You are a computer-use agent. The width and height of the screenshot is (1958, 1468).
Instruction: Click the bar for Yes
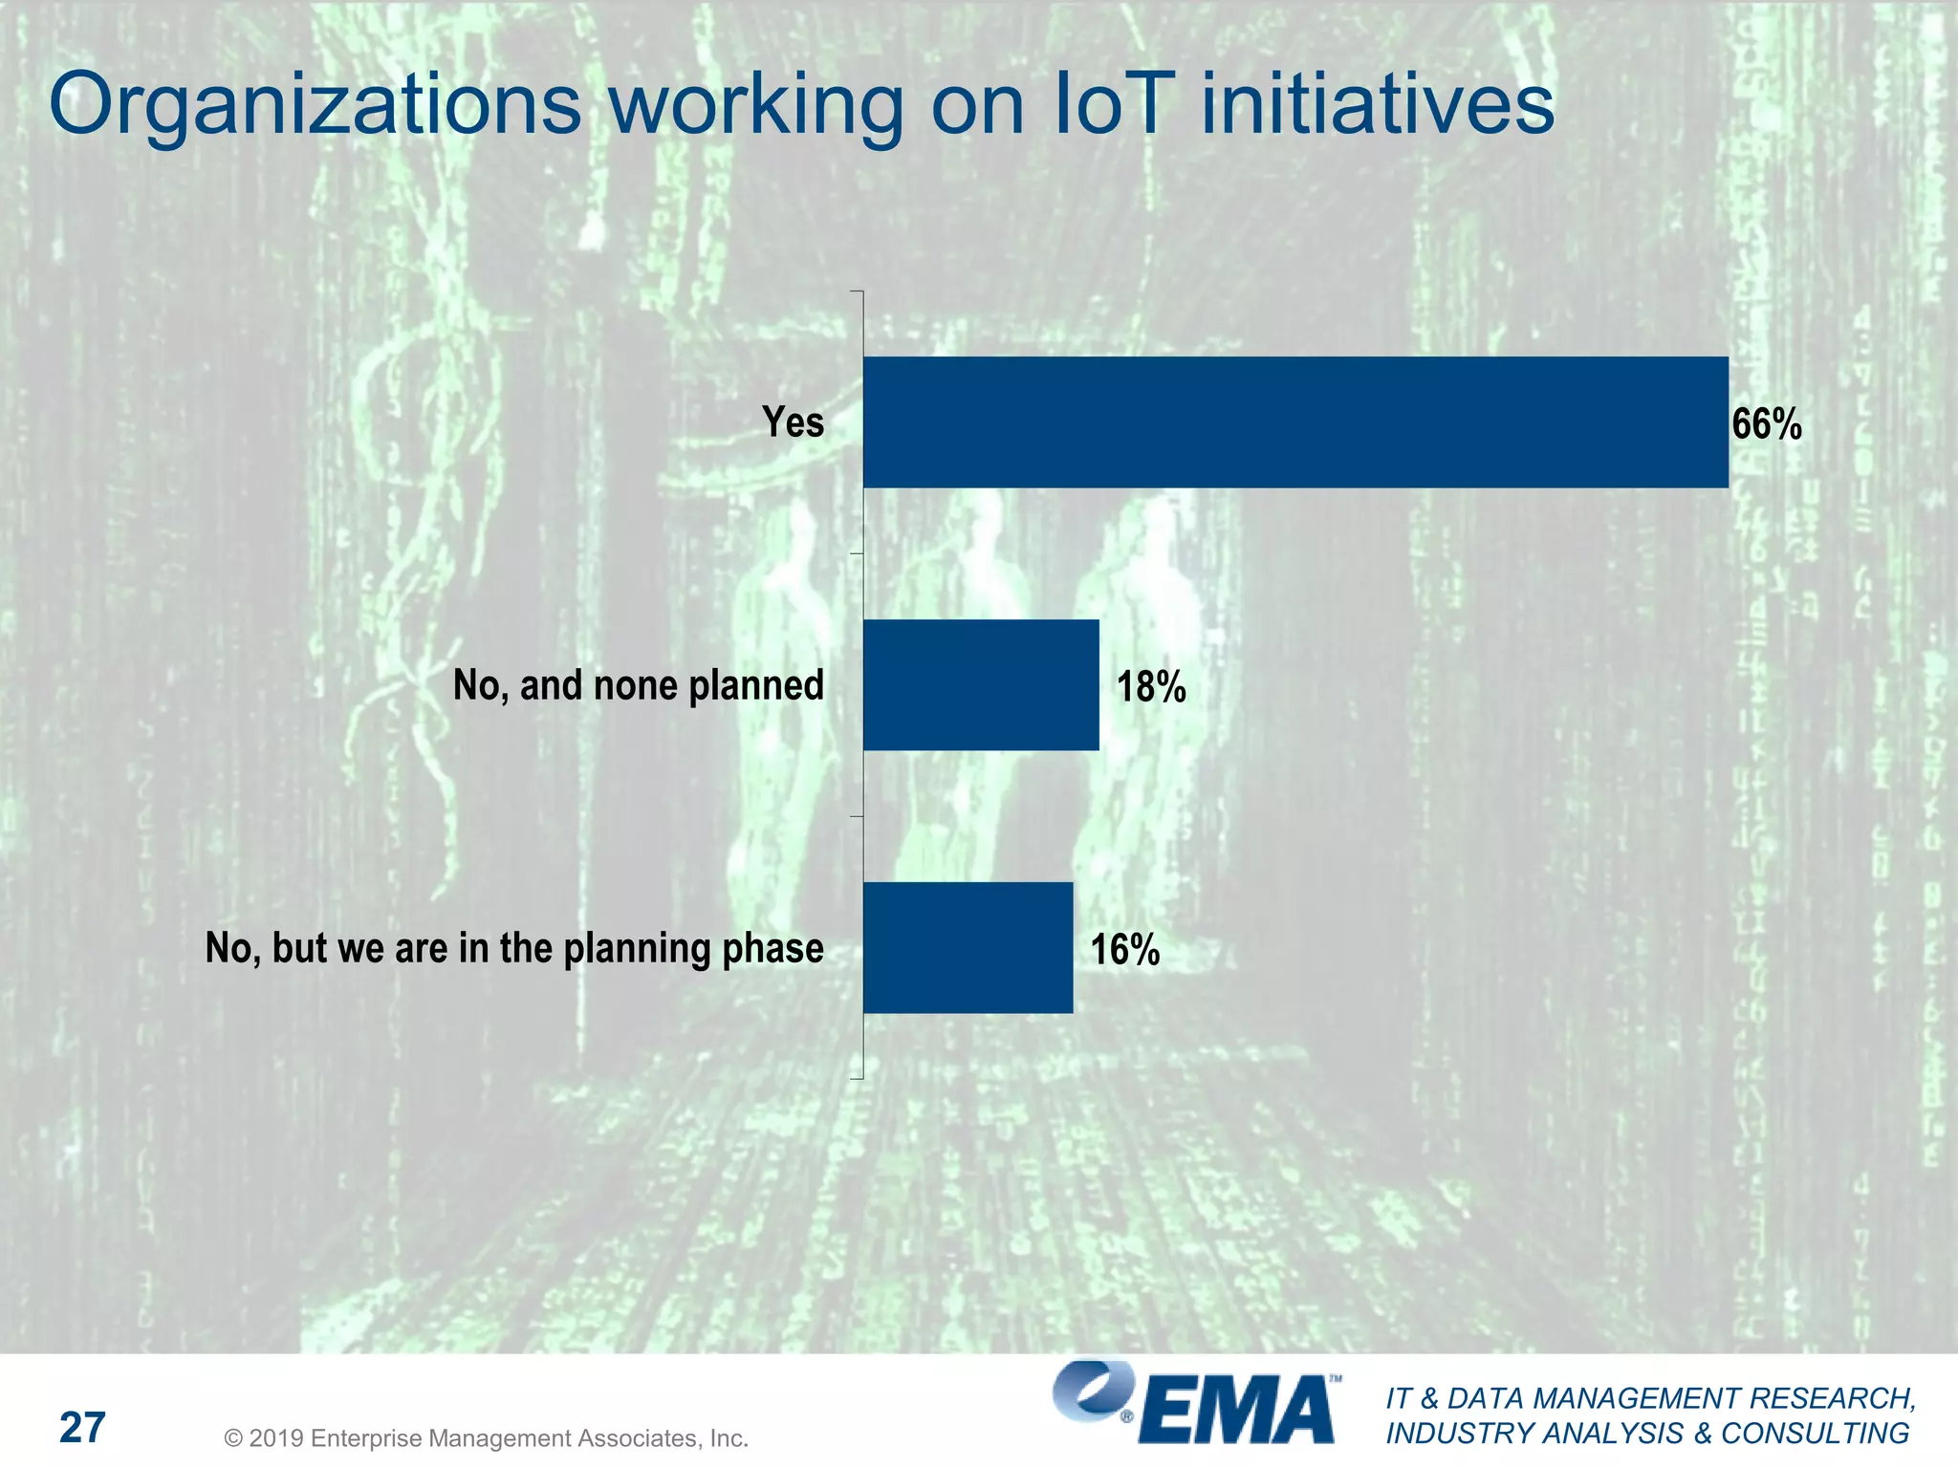click(1295, 422)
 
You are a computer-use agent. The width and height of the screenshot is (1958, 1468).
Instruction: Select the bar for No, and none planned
click(981, 685)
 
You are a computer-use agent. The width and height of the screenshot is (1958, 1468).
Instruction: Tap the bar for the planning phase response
click(968, 947)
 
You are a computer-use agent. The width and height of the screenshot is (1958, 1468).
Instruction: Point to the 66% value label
click(1767, 424)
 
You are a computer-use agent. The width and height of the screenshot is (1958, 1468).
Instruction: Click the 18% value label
click(1151, 687)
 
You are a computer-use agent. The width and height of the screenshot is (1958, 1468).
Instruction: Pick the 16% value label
click(1125, 950)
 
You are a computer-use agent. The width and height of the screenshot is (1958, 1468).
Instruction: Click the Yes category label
click(793, 422)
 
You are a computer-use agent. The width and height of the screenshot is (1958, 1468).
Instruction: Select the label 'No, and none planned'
click(638, 686)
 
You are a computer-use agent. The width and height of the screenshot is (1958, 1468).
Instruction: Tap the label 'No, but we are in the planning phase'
click(514, 949)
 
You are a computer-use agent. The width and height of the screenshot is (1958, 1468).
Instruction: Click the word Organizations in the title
click(315, 105)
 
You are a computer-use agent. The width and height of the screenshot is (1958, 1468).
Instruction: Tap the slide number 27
click(82, 1428)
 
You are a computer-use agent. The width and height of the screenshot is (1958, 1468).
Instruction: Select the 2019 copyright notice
click(486, 1438)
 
